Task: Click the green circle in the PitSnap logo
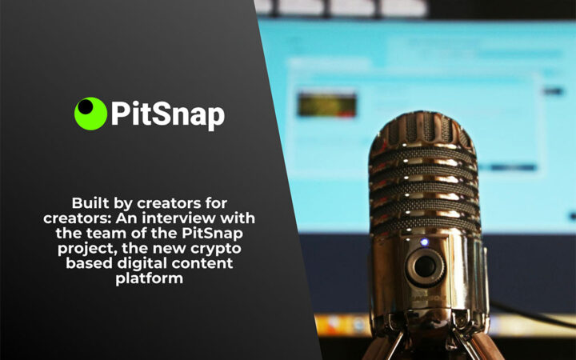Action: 90,114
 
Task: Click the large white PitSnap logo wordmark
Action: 166,114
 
